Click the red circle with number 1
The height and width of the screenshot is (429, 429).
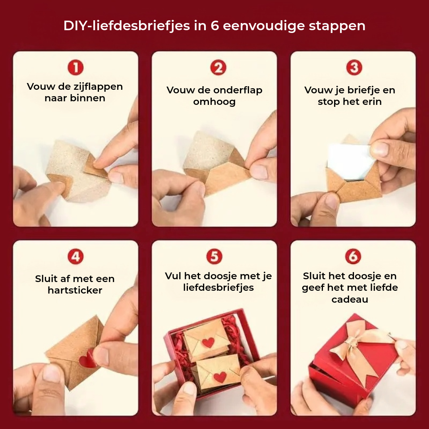tap(75, 68)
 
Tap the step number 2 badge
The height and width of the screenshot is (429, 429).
tap(218, 68)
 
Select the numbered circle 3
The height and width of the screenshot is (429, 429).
tap(354, 68)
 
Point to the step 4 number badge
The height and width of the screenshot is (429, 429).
tap(75, 257)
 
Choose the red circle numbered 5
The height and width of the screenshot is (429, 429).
tap(214, 257)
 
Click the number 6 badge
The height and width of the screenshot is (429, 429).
tap(353, 257)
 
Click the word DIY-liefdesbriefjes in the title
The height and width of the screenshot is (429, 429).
tap(126, 26)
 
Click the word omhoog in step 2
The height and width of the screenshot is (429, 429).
tap(214, 102)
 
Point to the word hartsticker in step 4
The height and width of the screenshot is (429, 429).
tap(75, 290)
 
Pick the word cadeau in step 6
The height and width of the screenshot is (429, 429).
tap(350, 299)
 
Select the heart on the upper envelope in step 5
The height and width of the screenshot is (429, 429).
tap(208, 342)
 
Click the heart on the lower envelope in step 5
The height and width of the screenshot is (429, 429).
tap(219, 377)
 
